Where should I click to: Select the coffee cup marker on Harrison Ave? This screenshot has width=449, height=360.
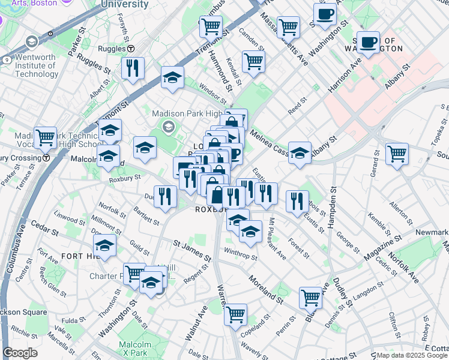[x=368, y=42]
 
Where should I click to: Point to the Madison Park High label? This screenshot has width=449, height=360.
[x=187, y=113]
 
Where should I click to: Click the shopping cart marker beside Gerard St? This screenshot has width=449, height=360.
[x=397, y=154]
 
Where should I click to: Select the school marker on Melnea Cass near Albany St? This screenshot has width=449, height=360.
[x=300, y=152]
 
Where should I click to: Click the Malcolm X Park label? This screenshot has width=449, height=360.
[x=133, y=348]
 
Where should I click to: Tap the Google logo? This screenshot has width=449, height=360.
[x=20, y=353]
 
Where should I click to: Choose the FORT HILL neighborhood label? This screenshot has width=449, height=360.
[x=76, y=256]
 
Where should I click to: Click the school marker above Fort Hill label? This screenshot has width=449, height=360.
[x=104, y=245]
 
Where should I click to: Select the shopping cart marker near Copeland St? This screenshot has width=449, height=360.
[x=235, y=313]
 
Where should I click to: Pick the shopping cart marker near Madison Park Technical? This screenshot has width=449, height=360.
[x=45, y=137]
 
